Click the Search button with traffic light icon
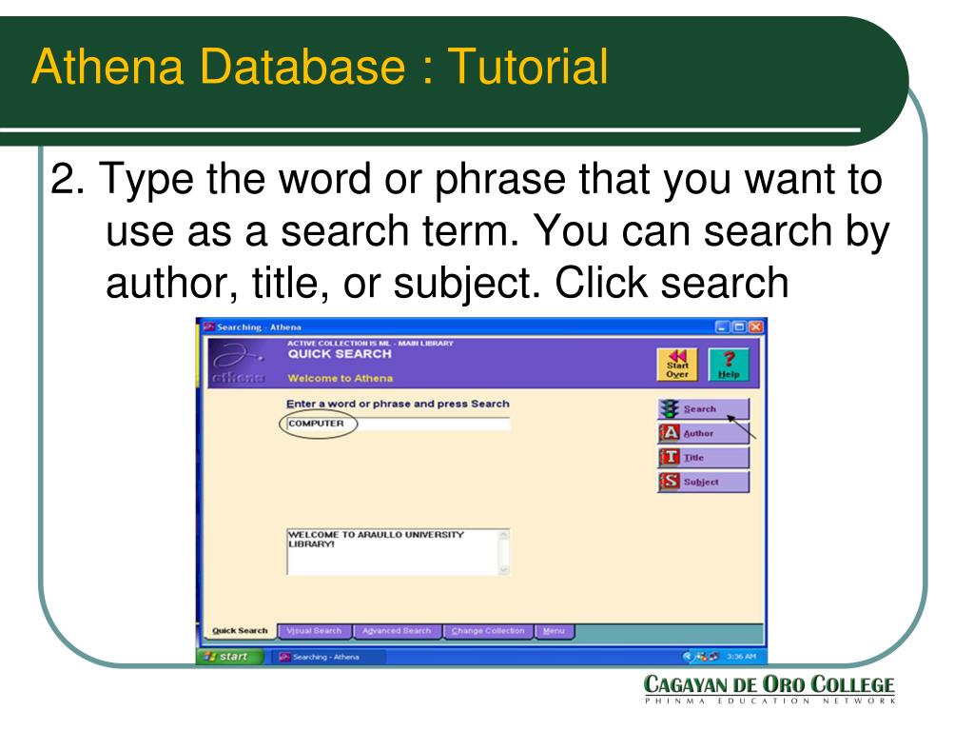[x=703, y=409]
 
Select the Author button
[x=703, y=433]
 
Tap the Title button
[x=703, y=458]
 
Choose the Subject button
[x=703, y=482]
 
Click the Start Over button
[x=676, y=365]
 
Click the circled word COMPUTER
[x=317, y=424]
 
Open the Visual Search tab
[x=314, y=631]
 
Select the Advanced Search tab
[x=396, y=631]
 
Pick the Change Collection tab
[x=488, y=631]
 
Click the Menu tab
[x=553, y=631]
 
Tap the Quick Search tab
[x=240, y=631]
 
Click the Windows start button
[x=228, y=656]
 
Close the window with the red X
[x=755, y=327]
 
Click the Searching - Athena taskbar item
[x=319, y=657]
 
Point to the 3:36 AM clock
[x=741, y=657]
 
